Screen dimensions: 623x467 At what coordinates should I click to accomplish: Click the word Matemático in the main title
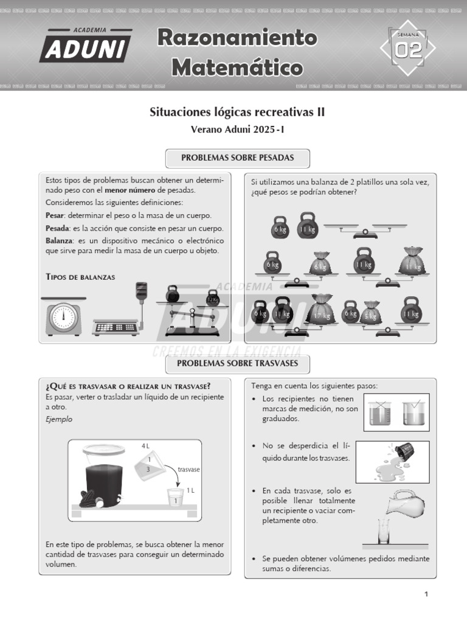237,67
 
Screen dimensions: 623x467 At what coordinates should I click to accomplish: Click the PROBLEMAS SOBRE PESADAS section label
238,158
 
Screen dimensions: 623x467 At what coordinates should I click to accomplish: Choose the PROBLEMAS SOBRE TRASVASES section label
238,364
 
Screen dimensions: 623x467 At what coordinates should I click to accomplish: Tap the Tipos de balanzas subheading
80,277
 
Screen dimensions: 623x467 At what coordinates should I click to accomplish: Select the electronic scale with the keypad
117,325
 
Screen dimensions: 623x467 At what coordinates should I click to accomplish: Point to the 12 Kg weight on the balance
212,299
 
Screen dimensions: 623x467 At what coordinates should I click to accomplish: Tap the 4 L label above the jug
145,446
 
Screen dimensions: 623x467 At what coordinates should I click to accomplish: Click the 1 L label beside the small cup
190,490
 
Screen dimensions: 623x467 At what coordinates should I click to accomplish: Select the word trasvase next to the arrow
189,470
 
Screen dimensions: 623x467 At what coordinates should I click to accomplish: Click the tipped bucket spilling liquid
403,453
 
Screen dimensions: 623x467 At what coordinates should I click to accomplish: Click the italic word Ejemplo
59,419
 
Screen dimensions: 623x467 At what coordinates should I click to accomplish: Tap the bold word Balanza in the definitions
58,241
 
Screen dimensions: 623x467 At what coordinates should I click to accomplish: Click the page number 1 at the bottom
426,594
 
